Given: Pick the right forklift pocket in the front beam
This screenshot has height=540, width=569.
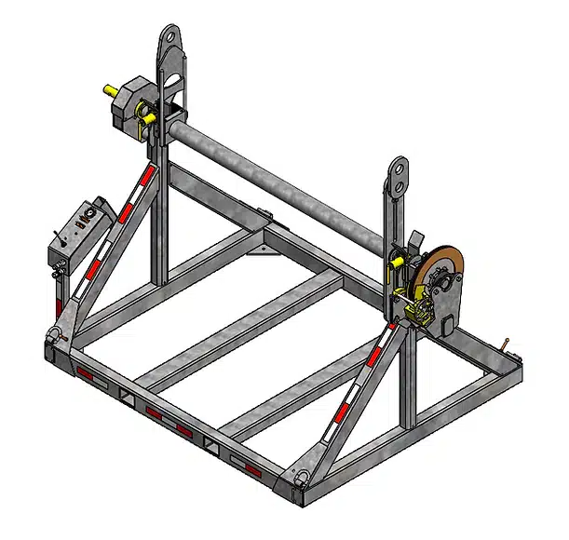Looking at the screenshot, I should coord(215,446).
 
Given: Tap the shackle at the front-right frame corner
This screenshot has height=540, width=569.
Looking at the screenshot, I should coord(303,476).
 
